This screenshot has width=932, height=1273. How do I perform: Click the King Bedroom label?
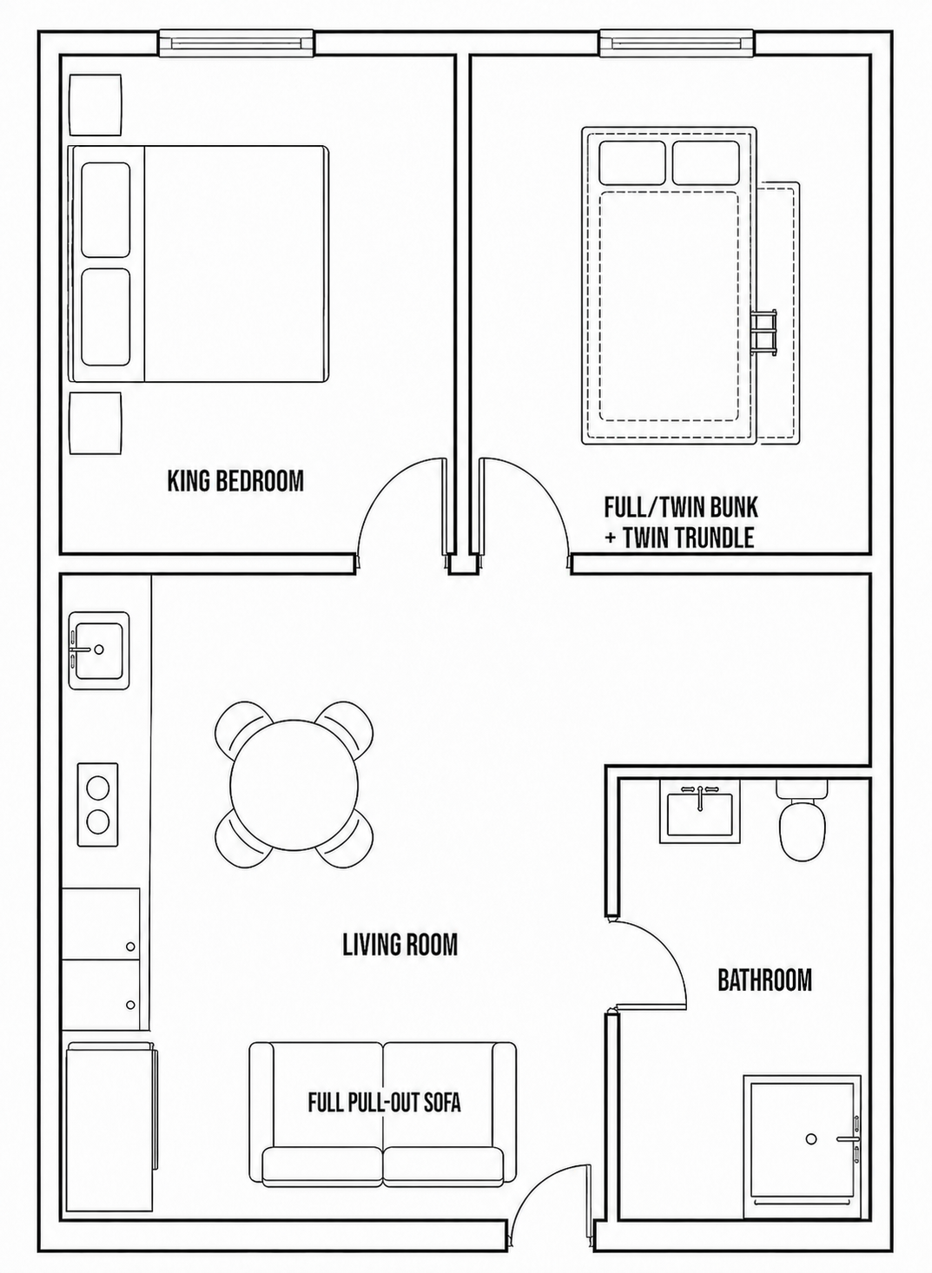[x=236, y=481]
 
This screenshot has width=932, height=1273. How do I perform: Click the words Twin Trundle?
[x=689, y=537]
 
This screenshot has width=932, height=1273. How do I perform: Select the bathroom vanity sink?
[x=700, y=812]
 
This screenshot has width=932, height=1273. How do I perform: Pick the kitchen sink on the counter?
[x=99, y=650]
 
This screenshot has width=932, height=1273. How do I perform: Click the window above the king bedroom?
[x=236, y=43]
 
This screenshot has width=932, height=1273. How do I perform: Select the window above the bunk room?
[x=678, y=43]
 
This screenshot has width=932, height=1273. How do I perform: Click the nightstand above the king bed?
[x=96, y=104]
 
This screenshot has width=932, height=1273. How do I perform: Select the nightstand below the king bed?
[x=96, y=423]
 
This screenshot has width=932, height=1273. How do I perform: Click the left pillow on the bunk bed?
[x=632, y=162]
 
